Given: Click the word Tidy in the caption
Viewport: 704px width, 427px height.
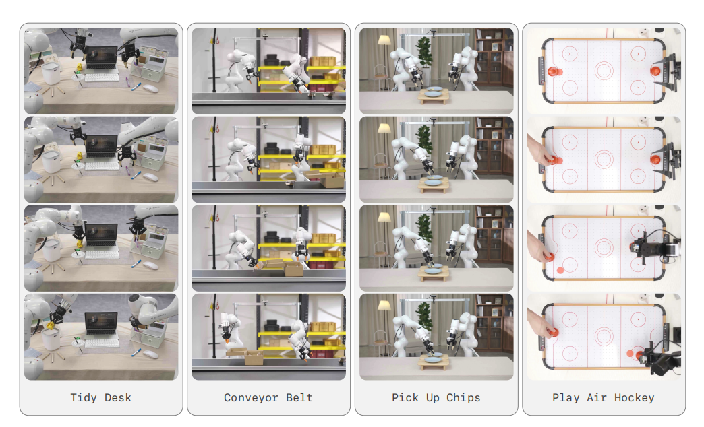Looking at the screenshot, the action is pos(84,398).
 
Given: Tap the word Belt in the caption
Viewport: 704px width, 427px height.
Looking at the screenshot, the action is pos(299,398).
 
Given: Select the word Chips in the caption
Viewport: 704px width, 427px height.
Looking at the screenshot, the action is pos(463,398).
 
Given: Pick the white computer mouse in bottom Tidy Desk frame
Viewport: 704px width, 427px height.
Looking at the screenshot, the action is pos(150,354).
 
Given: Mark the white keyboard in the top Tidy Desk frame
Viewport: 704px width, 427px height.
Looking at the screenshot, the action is pos(102,77).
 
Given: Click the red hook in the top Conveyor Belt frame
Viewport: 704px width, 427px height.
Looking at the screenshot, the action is pos(217,41).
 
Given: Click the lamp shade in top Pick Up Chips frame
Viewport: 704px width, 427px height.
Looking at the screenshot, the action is pos(384,40).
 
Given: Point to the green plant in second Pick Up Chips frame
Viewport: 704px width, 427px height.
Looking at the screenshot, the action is pos(424,137).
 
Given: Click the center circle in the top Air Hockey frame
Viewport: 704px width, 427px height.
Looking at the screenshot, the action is pos(604,71).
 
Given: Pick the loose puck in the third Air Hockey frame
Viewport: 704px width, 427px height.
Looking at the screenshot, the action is pos(560,271).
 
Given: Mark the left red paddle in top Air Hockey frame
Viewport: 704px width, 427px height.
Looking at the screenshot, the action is pos(555,71).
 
